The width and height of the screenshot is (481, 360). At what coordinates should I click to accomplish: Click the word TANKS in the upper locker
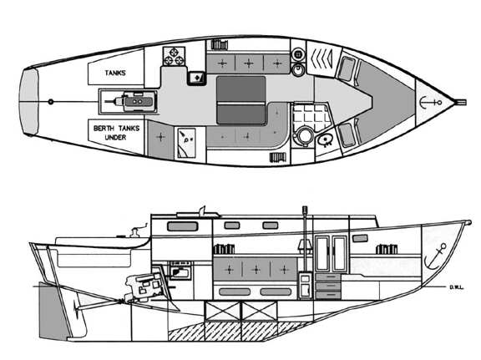coord(115,73)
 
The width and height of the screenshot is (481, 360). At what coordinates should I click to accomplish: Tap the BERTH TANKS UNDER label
coord(116,133)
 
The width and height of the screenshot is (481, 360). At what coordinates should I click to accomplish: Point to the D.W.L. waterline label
coord(457,287)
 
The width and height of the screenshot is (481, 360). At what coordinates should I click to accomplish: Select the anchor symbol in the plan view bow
coord(430,102)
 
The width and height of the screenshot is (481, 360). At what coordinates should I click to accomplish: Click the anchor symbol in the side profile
coord(435,256)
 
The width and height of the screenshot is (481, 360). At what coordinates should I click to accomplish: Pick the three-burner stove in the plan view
coord(174,56)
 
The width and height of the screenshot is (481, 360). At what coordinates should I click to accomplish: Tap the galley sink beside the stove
coord(196,78)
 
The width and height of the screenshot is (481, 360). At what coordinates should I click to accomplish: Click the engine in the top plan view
coord(132,101)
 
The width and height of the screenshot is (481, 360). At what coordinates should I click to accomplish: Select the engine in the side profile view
coord(144,286)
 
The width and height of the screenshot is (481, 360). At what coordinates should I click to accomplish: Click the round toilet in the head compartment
coord(305,135)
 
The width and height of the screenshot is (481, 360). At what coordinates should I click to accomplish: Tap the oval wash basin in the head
coord(325,140)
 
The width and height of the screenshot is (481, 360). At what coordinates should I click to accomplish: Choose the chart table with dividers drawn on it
coord(186,143)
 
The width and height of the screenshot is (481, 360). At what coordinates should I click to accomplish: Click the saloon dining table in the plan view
coord(241,100)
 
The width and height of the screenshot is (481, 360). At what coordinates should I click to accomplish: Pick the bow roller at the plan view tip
coord(461,102)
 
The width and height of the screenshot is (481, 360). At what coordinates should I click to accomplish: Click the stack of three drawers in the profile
coord(328,286)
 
